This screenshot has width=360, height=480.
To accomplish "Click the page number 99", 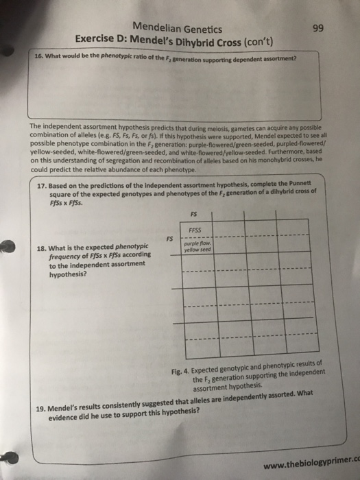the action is (x=317, y=29).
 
